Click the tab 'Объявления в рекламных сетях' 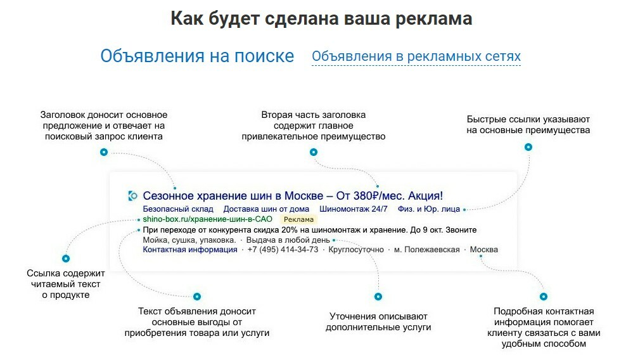(x=416, y=56)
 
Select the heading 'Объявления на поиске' (x=197, y=56)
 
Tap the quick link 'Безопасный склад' (x=178, y=209)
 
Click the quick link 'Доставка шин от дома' (x=266, y=209)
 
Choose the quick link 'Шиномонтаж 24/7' (x=354, y=209)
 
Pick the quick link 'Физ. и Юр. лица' (x=429, y=209)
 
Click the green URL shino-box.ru (x=208, y=219)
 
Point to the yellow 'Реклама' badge (x=298, y=219)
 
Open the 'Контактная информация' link (x=190, y=250)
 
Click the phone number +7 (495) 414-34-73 (x=283, y=250)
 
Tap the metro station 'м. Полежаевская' (x=427, y=250)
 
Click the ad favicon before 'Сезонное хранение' (x=132, y=196)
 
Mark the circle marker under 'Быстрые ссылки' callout (x=528, y=147)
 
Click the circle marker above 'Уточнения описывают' (x=378, y=297)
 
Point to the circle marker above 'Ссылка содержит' (x=66, y=259)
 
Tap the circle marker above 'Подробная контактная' (x=544, y=297)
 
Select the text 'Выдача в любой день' (x=288, y=240)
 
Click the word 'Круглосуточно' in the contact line (x=356, y=250)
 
